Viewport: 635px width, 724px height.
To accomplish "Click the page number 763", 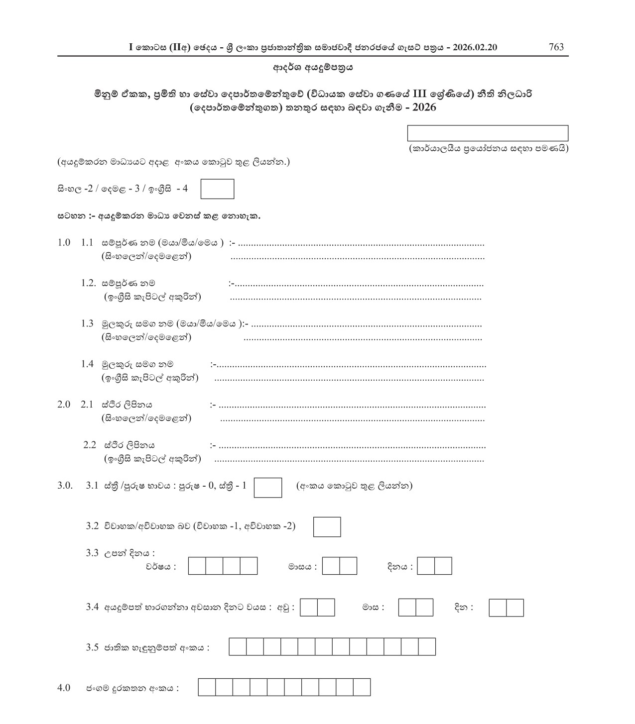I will [556, 47].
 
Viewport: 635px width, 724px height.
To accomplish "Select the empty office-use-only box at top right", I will [488, 133].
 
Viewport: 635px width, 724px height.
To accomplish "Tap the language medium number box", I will [217, 189].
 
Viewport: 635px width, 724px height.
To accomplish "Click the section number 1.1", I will [87, 243].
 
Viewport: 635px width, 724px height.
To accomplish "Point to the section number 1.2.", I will [88, 283].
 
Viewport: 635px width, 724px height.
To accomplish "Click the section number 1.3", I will [87, 324].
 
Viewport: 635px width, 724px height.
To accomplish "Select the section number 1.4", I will [87, 364].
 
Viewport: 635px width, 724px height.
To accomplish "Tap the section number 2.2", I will [90, 445].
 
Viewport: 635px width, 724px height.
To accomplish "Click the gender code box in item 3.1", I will [268, 488].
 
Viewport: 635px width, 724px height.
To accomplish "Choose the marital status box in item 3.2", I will [327, 527].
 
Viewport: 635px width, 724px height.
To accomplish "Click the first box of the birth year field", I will [197, 566].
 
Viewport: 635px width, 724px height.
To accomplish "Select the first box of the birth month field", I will [331, 566].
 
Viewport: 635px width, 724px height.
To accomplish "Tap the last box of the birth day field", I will [443, 566].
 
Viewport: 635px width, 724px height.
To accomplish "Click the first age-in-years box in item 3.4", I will [309, 608].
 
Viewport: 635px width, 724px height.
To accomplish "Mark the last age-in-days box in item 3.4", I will [515, 608].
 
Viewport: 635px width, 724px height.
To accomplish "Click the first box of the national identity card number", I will [238, 647].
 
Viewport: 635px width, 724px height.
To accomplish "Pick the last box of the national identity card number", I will [427, 647].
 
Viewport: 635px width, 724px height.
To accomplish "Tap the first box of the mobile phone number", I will [207, 687].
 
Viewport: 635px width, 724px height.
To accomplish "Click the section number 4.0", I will [64, 688].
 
